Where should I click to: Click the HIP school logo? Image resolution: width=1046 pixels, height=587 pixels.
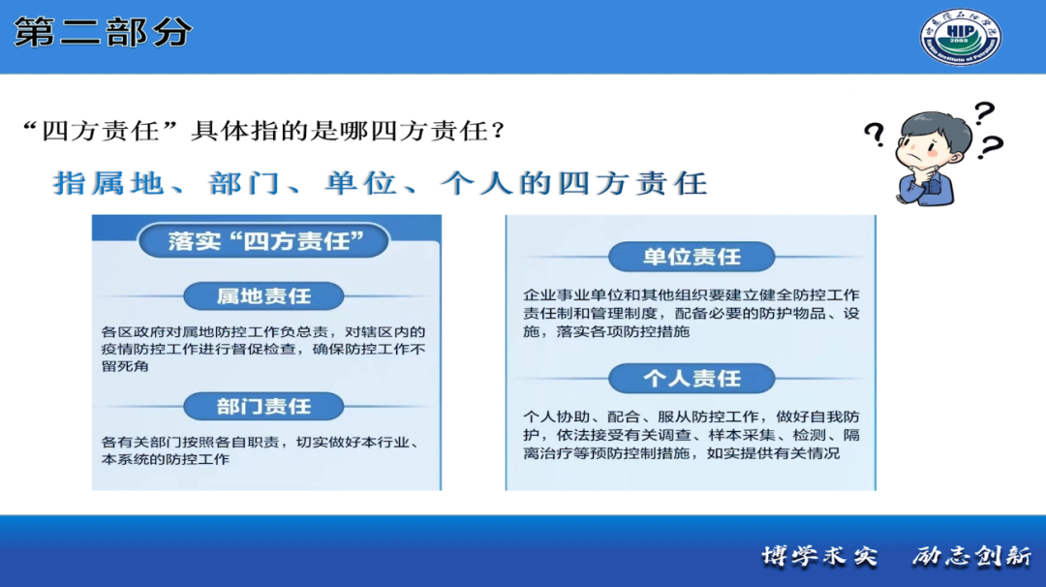click(x=961, y=37)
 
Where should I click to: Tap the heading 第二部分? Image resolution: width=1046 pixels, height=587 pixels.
click(x=104, y=32)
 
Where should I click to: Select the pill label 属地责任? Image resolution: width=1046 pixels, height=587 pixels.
click(x=263, y=296)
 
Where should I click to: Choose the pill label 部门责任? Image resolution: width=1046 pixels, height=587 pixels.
click(x=263, y=406)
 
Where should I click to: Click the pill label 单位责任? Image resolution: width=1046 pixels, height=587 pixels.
click(x=692, y=257)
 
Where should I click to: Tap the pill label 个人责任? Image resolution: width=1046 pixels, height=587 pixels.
click(x=692, y=379)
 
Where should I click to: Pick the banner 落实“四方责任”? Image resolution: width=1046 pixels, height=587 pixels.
click(x=264, y=241)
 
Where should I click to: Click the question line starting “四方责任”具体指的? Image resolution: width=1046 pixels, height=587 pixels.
click(x=263, y=131)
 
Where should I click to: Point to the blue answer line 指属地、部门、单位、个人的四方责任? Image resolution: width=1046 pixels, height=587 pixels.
click(x=381, y=183)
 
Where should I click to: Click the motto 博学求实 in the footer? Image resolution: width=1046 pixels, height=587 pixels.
click(x=820, y=556)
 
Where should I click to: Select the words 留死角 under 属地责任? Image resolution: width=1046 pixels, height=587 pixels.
click(x=125, y=366)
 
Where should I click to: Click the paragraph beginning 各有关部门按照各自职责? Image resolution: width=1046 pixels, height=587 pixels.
click(x=261, y=450)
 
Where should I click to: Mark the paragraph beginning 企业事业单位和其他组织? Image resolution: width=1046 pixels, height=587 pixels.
click(x=692, y=313)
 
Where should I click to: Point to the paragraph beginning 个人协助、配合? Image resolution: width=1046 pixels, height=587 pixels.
click(x=692, y=435)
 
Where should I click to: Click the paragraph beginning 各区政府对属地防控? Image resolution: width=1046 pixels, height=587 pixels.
click(x=263, y=349)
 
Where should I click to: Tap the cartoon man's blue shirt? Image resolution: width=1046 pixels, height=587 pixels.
click(x=926, y=188)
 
